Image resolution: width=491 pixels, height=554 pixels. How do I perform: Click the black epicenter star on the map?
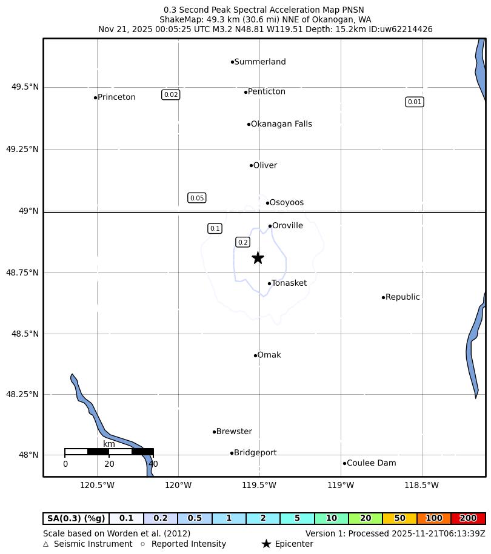pyautogui.click(x=258, y=258)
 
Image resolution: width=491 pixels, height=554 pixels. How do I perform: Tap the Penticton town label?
pyautogui.click(x=267, y=92)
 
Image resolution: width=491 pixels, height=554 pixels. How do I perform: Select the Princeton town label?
pyautogui.click(x=116, y=97)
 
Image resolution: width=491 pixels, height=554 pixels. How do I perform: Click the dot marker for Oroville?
pyautogui.click(x=270, y=226)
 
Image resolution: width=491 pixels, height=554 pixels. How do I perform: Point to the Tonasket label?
pyautogui.click(x=289, y=283)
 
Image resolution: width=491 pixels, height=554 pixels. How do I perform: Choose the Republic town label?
pyautogui.click(x=402, y=297)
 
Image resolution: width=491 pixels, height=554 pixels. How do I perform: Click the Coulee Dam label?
pyautogui.click(x=371, y=463)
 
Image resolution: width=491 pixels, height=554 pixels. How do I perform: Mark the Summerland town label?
pyautogui.click(x=260, y=62)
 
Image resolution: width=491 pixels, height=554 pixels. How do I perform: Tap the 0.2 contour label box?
pyautogui.click(x=243, y=242)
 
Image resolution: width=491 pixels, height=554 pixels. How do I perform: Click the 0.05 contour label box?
pyautogui.click(x=197, y=198)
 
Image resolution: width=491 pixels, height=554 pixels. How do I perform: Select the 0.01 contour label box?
pyautogui.click(x=415, y=102)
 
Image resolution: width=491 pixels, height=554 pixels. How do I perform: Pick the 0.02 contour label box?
pyautogui.click(x=171, y=94)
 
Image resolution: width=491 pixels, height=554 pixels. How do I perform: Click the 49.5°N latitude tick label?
pyautogui.click(x=25, y=87)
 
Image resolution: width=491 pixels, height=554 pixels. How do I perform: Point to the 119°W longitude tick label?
pyautogui.click(x=341, y=485)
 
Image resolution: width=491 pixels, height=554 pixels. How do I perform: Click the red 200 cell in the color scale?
pyautogui.click(x=468, y=518)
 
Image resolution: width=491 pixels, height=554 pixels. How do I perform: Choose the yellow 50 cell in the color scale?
pyautogui.click(x=399, y=518)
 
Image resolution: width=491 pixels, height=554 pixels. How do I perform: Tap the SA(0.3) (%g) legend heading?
pyautogui.click(x=76, y=518)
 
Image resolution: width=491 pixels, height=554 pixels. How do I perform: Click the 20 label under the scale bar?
pyautogui.click(x=109, y=464)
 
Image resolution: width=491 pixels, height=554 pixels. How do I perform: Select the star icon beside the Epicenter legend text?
pyautogui.click(x=266, y=544)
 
